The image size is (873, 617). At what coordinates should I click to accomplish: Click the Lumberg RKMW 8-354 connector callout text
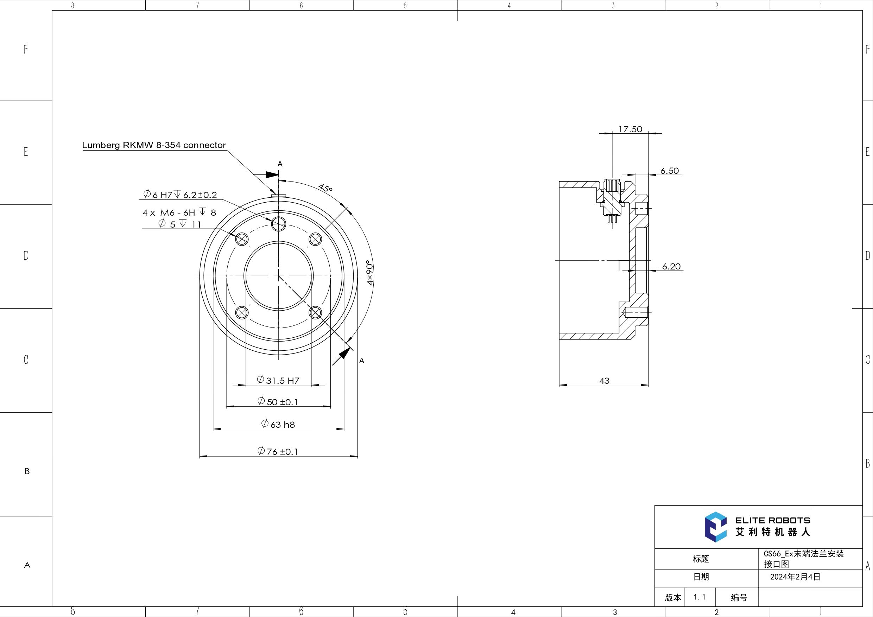point(154,145)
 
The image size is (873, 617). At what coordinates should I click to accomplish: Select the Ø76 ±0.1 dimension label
point(278,451)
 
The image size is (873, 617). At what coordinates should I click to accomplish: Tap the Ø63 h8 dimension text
point(278,424)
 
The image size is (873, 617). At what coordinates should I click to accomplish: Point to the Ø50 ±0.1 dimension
point(278,401)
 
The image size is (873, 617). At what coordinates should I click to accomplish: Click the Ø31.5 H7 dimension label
point(278,380)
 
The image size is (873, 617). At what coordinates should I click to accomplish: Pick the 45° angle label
point(325,188)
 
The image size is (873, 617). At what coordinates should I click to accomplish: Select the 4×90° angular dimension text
point(369,272)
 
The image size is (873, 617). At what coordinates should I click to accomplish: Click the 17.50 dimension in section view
point(630,129)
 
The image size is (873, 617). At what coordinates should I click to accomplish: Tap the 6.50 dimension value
point(669,171)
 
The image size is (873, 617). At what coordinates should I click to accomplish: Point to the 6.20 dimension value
point(671,267)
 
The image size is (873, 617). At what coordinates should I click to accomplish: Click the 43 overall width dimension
point(604,381)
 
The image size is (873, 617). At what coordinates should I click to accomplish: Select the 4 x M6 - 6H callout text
point(179,212)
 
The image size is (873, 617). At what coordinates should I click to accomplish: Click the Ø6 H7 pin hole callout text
point(180,195)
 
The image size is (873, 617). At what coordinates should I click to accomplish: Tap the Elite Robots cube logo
point(715,527)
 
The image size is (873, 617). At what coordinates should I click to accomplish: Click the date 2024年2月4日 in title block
point(795,577)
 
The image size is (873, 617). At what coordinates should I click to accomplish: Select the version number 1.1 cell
point(699,597)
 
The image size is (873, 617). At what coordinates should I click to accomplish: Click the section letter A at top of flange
point(280,164)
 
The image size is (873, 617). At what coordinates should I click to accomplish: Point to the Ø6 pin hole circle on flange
point(278,223)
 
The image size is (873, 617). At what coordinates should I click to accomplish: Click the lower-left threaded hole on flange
point(242,312)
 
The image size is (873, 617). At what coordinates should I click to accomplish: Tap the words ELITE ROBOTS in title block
point(772,520)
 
